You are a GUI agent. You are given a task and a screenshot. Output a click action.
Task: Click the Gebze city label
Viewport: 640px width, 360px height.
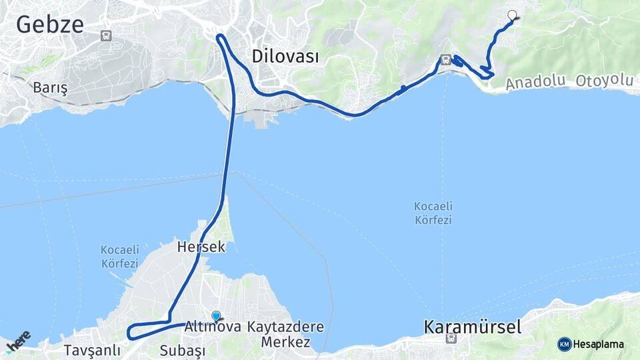(x=50, y=25)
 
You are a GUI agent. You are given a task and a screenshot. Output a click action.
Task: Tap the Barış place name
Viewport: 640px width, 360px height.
(x=51, y=88)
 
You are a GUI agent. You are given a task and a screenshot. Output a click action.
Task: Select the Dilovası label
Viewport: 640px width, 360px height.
(x=285, y=57)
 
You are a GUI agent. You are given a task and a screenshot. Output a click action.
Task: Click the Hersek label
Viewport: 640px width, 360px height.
(x=201, y=247)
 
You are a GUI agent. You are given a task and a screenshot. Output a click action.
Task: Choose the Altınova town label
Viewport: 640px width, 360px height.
(x=212, y=327)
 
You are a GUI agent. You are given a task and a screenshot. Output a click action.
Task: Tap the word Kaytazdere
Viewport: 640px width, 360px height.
(x=285, y=327)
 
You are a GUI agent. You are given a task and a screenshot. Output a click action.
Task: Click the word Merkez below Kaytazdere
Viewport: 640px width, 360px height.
(x=286, y=342)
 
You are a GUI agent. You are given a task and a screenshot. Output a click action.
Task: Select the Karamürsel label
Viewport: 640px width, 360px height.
(x=472, y=327)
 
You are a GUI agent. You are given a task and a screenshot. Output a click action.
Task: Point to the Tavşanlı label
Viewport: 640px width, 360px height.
(x=93, y=350)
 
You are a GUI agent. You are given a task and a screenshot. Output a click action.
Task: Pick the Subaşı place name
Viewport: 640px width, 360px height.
(x=181, y=350)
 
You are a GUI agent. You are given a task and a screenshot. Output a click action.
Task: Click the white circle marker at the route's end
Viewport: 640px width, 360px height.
(x=513, y=15)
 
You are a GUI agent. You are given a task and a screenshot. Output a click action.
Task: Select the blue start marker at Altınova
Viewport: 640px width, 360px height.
(x=216, y=316)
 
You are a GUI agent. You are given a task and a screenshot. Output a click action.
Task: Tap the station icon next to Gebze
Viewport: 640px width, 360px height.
(x=105, y=35)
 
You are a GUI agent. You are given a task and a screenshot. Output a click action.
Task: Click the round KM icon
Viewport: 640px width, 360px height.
(x=565, y=344)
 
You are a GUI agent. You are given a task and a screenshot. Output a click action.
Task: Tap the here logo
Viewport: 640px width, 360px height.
(x=18, y=341)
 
